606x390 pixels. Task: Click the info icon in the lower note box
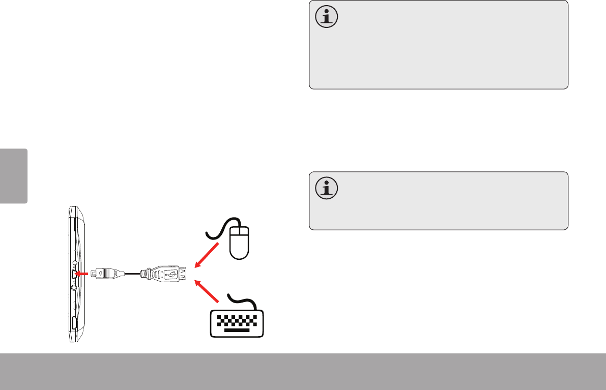click(x=326, y=188)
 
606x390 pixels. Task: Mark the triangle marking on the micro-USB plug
click(x=102, y=274)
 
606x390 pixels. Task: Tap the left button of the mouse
click(x=236, y=233)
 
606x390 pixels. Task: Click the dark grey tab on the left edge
click(x=13, y=175)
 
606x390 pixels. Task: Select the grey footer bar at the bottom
click(x=303, y=372)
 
